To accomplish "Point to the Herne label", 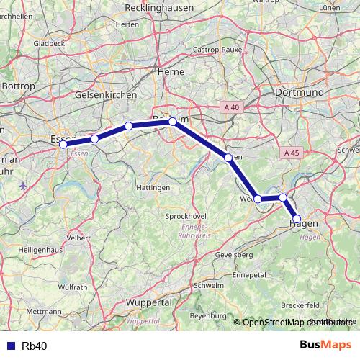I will point(171,72).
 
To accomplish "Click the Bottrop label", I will point(18,86).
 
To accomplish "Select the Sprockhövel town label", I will point(166,216).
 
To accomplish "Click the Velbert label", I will point(78,237).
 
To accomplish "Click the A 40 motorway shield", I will point(231,107).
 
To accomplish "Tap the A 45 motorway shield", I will point(291,153).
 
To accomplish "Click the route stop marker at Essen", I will point(63,145).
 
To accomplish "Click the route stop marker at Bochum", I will point(173,122).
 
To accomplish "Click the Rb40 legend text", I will point(35,346).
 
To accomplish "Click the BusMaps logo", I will point(325,345).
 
